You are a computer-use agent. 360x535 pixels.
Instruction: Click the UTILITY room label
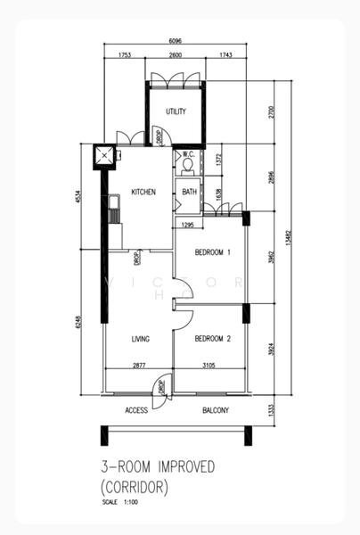[x=176, y=111]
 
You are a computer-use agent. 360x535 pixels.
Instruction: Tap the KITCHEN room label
[x=144, y=192]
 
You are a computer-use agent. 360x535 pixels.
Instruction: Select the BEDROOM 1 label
[x=213, y=252]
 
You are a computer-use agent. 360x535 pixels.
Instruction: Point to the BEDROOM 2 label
[x=213, y=338]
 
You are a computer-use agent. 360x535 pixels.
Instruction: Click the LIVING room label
[x=140, y=339]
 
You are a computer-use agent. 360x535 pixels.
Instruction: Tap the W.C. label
[x=188, y=155]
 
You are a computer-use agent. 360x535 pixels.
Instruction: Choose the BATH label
[x=190, y=192]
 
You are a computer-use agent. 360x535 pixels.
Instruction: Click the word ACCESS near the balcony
[x=136, y=410]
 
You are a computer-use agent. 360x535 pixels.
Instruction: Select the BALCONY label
[x=215, y=410]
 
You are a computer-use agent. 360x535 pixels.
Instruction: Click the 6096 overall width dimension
[x=176, y=40]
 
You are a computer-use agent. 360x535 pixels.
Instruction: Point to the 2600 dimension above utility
[x=176, y=56]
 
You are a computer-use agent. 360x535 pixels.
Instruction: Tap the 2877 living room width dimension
[x=139, y=365]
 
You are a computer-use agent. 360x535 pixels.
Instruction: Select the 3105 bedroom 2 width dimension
[x=209, y=365]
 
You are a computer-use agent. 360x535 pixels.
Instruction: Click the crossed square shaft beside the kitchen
[x=106, y=155]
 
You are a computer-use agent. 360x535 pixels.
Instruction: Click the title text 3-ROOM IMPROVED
[x=158, y=467]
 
